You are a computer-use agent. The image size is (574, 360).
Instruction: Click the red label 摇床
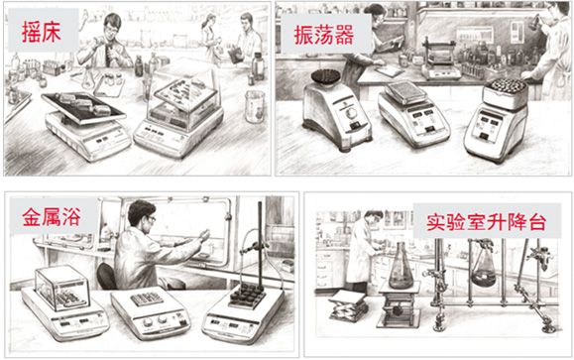(41, 32)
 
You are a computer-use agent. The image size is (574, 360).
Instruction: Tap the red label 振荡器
(324, 35)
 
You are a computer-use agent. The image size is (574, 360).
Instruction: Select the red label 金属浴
(52, 216)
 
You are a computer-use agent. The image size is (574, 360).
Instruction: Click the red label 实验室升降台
(487, 221)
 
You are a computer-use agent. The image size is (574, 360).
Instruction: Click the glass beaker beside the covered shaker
(255, 106)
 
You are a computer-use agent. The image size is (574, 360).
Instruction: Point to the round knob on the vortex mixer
(352, 114)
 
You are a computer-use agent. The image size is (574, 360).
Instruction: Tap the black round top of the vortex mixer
(323, 76)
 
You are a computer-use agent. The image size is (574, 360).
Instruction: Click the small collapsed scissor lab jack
(348, 308)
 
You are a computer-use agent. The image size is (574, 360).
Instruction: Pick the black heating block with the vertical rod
(247, 296)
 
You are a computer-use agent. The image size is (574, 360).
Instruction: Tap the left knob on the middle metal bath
(147, 322)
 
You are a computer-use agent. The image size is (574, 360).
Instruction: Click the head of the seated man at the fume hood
(142, 213)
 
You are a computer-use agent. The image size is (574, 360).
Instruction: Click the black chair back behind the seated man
(106, 276)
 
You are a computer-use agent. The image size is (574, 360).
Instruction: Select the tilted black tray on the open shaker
(83, 107)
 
